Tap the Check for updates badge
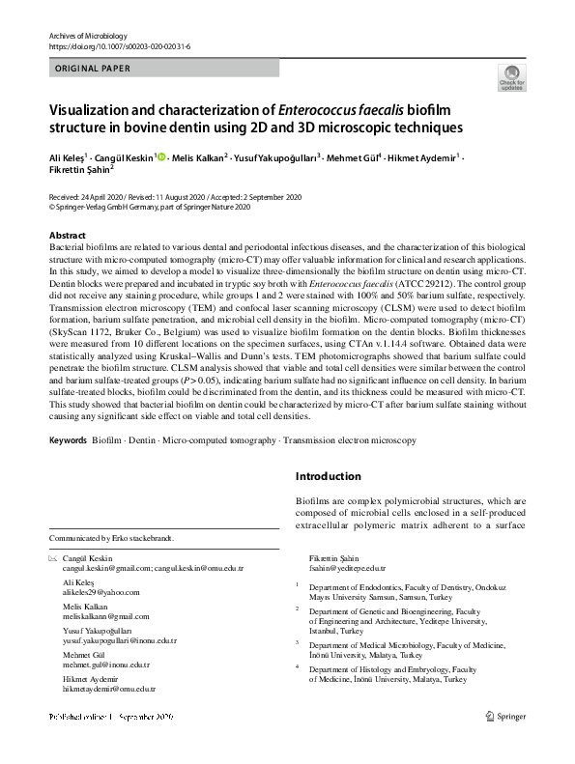click(508, 78)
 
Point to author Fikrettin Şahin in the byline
click(79, 171)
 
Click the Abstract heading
click(68, 236)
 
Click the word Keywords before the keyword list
click(67, 440)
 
